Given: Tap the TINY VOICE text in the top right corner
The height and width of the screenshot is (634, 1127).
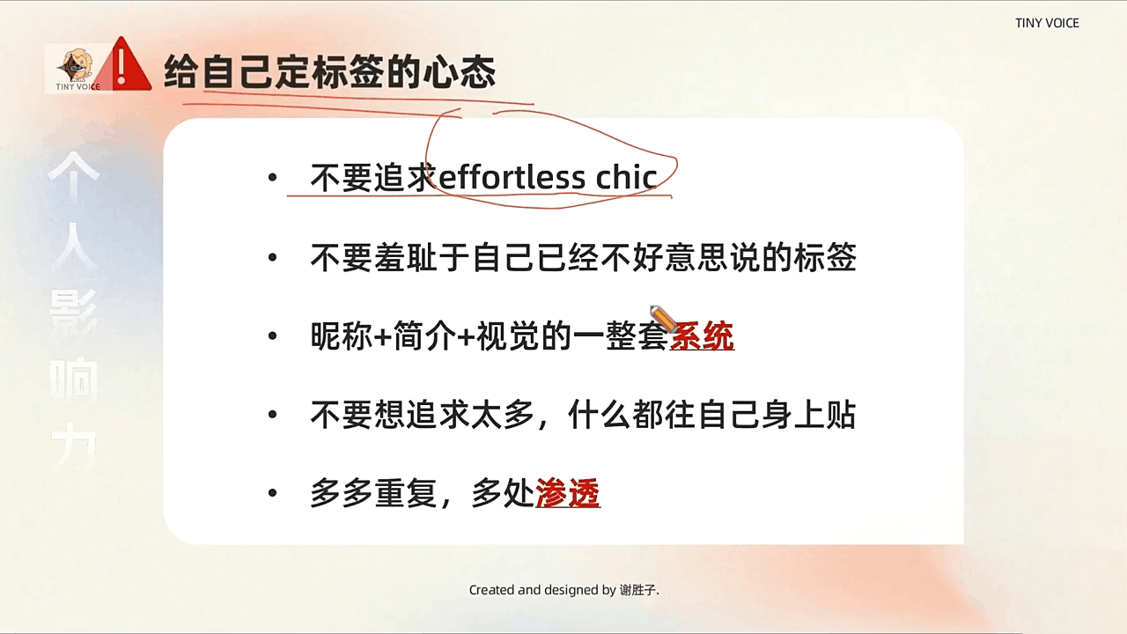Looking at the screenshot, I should [1047, 23].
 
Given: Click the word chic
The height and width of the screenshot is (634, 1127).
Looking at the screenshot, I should [626, 178].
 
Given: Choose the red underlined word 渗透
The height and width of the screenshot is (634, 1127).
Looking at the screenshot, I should [568, 494].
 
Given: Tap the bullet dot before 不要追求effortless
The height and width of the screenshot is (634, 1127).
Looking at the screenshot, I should [273, 179].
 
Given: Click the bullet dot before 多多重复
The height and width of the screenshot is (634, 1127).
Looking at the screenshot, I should [273, 494].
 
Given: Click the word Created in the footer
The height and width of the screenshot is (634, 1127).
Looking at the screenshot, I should [491, 590].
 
